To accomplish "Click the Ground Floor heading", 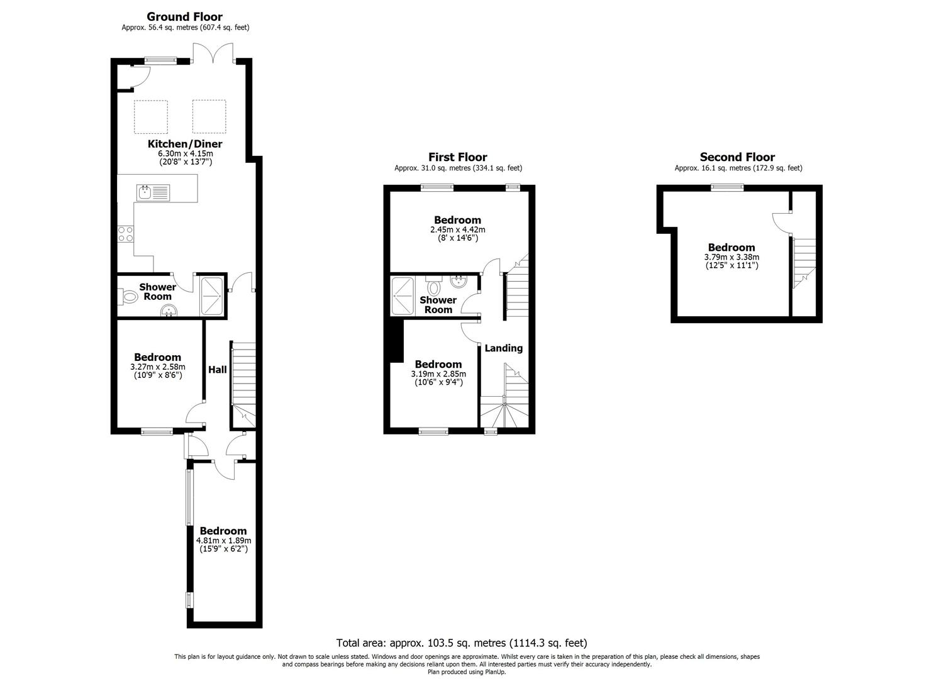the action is tap(184, 17).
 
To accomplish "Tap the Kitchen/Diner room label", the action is tap(185, 144).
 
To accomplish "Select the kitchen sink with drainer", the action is tap(153, 192).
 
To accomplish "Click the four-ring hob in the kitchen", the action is tap(126, 235).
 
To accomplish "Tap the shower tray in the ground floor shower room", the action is tap(212, 296).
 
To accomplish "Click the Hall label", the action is tap(217, 370).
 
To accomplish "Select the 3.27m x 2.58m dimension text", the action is tap(158, 367).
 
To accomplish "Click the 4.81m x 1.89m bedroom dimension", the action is tap(223, 541).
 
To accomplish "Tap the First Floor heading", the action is tap(458, 157).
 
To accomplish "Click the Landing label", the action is tap(503, 348).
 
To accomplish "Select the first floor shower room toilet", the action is tap(434, 285).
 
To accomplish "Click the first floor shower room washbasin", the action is tap(459, 282).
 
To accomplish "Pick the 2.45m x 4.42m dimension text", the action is tap(458, 229).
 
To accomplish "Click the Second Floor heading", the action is tap(737, 157).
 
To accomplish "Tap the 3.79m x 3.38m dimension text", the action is tap(731, 257).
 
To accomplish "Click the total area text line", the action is tap(462, 643).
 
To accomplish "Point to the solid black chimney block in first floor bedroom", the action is tap(396, 341).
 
